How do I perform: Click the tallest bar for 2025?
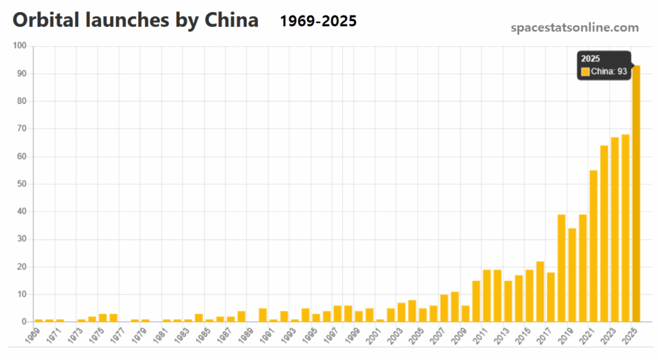(636, 193)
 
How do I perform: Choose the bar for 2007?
(444, 308)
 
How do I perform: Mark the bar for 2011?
(486, 296)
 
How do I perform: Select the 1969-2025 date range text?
(318, 21)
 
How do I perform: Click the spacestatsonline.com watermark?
(574, 28)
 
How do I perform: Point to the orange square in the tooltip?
(585, 71)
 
